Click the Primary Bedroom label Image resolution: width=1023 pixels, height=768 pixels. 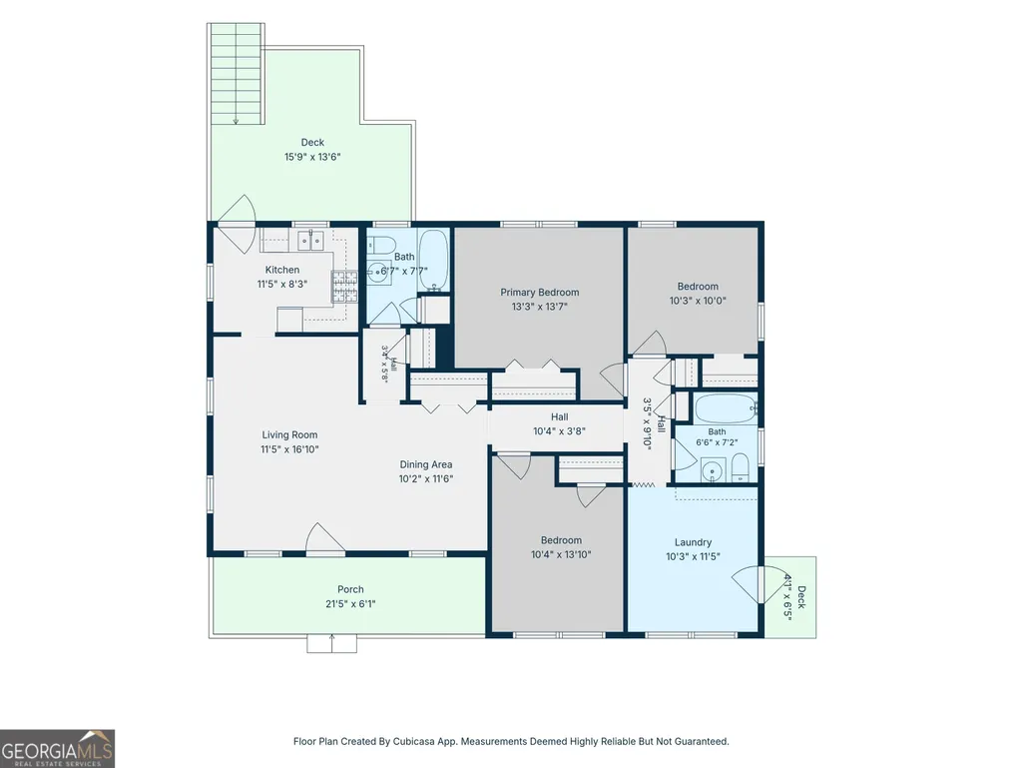(540, 292)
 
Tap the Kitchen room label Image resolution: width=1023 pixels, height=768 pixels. (281, 270)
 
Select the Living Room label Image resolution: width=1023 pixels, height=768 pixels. (289, 435)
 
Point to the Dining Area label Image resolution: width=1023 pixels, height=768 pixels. (426, 464)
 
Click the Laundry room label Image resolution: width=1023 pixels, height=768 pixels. (693, 542)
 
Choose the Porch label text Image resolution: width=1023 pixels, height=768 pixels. (350, 589)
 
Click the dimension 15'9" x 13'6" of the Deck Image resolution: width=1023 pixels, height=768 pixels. (312, 157)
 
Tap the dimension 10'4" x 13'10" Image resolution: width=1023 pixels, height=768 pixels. (561, 554)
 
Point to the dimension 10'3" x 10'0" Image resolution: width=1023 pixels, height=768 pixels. (698, 301)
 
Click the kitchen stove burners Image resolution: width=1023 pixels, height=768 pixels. (345, 287)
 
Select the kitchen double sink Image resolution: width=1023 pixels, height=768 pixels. (311, 241)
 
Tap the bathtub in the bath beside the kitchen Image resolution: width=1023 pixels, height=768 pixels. (433, 260)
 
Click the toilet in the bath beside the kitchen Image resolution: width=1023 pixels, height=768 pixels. (380, 245)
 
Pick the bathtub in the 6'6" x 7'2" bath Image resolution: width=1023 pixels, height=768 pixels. (726, 408)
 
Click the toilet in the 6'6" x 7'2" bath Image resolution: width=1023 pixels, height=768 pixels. (740, 468)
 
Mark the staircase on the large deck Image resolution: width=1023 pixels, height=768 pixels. (236, 73)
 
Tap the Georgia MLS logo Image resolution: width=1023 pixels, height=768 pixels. (58, 748)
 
